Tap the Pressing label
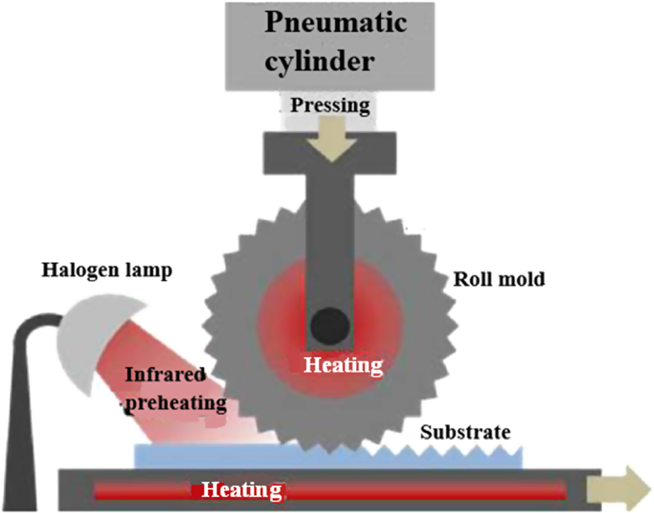click(330, 104)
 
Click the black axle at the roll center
click(330, 324)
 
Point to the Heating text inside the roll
click(342, 365)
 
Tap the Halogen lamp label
click(107, 270)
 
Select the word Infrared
click(166, 374)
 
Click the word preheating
click(176, 403)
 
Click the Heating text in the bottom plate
click(242, 491)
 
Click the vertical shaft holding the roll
click(330, 244)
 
